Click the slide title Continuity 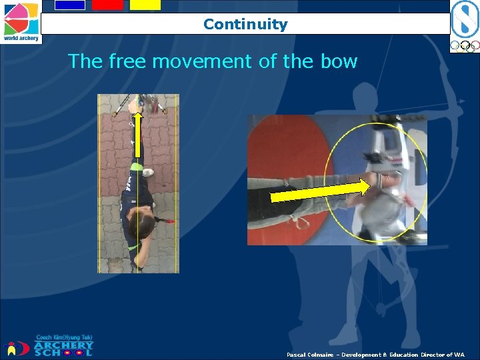click(x=245, y=25)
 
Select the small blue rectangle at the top click(x=69, y=5)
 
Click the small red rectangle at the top click(x=107, y=5)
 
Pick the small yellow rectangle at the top click(x=145, y=5)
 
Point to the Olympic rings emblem click(x=465, y=47)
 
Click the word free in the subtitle click(x=127, y=62)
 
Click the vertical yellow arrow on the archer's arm click(x=137, y=137)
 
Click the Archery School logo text click(x=63, y=348)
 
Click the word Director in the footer click(x=433, y=355)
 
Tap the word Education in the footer click(x=399, y=355)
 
